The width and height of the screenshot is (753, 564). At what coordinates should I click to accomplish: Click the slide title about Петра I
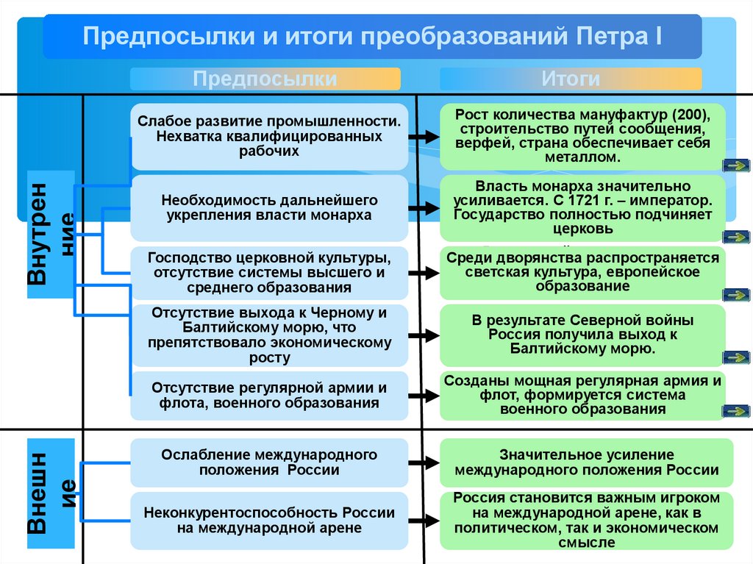(x=371, y=37)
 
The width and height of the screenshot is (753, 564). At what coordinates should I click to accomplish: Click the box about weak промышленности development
(x=269, y=136)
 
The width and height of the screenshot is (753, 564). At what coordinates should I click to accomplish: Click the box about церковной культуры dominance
(x=269, y=272)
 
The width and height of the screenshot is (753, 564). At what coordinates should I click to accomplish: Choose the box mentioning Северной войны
(x=582, y=335)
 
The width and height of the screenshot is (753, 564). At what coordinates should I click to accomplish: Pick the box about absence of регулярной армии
(x=269, y=395)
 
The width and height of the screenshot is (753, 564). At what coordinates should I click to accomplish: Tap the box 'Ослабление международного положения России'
(x=269, y=463)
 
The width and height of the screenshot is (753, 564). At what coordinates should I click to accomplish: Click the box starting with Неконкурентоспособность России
(x=269, y=520)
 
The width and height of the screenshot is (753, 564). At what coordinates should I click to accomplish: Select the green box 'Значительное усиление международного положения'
(x=586, y=463)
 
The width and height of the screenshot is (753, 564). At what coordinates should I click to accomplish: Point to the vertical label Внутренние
(x=51, y=234)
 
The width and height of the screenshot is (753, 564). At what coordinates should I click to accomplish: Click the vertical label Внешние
(x=51, y=493)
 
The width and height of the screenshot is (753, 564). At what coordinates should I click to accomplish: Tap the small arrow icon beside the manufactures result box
(x=735, y=165)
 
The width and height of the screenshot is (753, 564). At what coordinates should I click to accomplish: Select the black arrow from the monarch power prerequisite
(x=424, y=209)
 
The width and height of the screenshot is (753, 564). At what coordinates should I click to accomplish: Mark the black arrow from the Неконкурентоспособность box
(x=424, y=521)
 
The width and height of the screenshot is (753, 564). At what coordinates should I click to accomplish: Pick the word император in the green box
(x=675, y=200)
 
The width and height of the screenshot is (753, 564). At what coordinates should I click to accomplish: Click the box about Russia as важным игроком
(x=586, y=520)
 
